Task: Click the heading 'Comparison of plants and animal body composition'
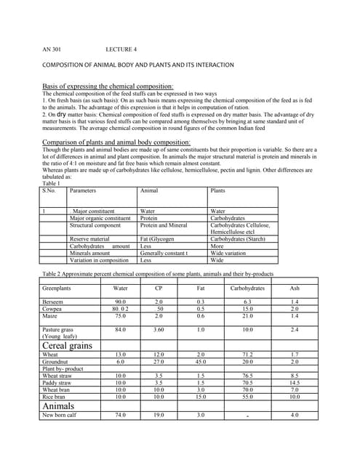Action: pos(116,142)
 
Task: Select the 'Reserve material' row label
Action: pos(89,238)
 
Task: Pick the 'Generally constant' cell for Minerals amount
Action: pos(164,252)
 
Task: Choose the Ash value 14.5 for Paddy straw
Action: pos(294,381)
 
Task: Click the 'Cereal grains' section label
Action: pos(68,345)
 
